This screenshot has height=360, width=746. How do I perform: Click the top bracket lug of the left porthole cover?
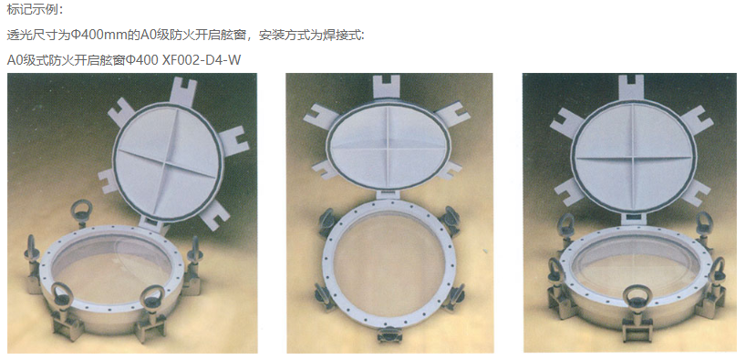click(182, 91)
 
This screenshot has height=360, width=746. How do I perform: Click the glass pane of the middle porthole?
click(388, 270)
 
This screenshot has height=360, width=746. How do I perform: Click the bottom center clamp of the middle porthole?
click(389, 335)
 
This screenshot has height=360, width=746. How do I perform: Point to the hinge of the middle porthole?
click(389, 194)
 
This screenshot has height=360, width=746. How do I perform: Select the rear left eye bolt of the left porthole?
click(82, 213)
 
